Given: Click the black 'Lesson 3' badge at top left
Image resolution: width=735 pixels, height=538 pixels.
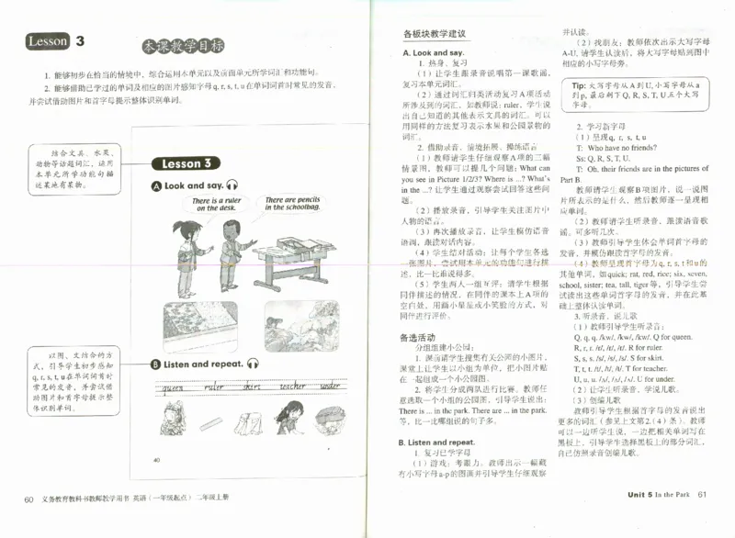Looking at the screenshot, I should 55,41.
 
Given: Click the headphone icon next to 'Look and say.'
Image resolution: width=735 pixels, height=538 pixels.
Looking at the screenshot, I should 232,185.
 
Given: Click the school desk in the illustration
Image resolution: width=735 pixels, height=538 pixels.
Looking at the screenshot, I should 292,257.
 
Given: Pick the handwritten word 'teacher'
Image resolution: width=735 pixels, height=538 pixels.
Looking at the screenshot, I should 292,387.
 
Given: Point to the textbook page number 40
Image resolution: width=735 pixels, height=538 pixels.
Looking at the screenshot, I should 157,459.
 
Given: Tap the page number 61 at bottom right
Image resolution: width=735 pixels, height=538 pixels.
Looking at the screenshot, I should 703,495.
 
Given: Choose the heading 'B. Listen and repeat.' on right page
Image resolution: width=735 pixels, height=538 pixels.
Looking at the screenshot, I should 437,442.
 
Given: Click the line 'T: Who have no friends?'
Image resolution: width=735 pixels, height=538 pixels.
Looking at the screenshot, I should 616,147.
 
